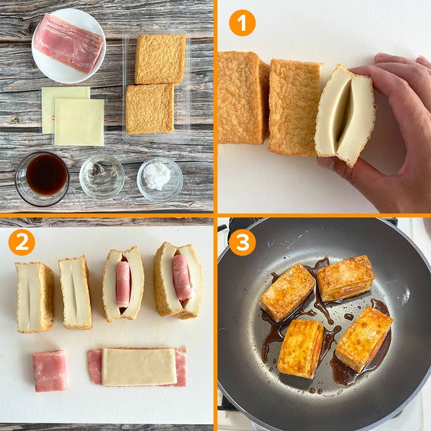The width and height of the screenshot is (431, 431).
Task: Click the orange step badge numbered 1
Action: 242,23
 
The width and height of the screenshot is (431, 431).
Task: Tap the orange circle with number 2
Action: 22,243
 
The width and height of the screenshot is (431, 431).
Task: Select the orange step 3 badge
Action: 242,243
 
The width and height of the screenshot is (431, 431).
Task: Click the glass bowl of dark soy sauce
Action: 42,179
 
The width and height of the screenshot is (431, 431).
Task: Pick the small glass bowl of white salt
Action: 160,179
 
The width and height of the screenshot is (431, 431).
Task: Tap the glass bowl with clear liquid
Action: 102,176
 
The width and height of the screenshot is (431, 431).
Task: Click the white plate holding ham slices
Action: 69,46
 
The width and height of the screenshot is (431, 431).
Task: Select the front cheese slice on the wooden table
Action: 79,122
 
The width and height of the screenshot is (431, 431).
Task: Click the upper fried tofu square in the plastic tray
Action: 160,58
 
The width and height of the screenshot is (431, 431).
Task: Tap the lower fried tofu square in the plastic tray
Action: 150,109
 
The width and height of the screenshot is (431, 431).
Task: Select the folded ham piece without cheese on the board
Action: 50,371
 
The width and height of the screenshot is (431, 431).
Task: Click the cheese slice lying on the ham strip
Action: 139,366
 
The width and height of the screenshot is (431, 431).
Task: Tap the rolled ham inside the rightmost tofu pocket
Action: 182,277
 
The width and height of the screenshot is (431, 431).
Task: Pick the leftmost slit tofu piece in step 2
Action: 35,297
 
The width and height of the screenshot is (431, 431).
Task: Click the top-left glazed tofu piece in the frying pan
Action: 288,292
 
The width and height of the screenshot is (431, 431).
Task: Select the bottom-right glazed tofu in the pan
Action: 364,339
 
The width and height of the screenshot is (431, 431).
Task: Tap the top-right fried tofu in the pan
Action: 345,278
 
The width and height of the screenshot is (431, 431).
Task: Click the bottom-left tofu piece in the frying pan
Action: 300,349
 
